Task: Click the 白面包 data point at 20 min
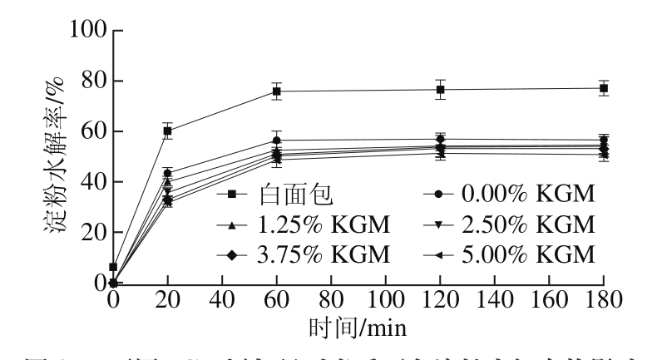(167, 131)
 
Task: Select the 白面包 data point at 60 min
(277, 91)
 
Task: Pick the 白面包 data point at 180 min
(605, 88)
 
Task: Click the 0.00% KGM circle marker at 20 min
(167, 173)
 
